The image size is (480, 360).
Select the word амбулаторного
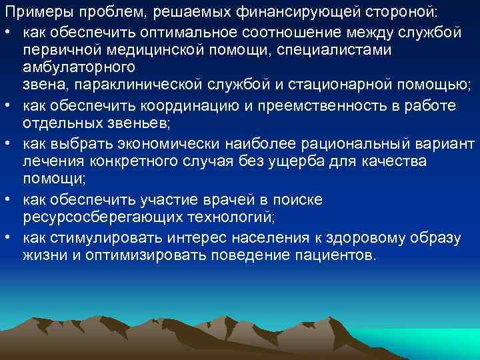(x=79, y=67)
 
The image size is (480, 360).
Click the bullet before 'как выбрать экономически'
(x=9, y=144)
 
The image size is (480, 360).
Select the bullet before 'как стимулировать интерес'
(x=9, y=238)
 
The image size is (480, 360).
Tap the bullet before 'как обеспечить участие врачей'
(x=9, y=200)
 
